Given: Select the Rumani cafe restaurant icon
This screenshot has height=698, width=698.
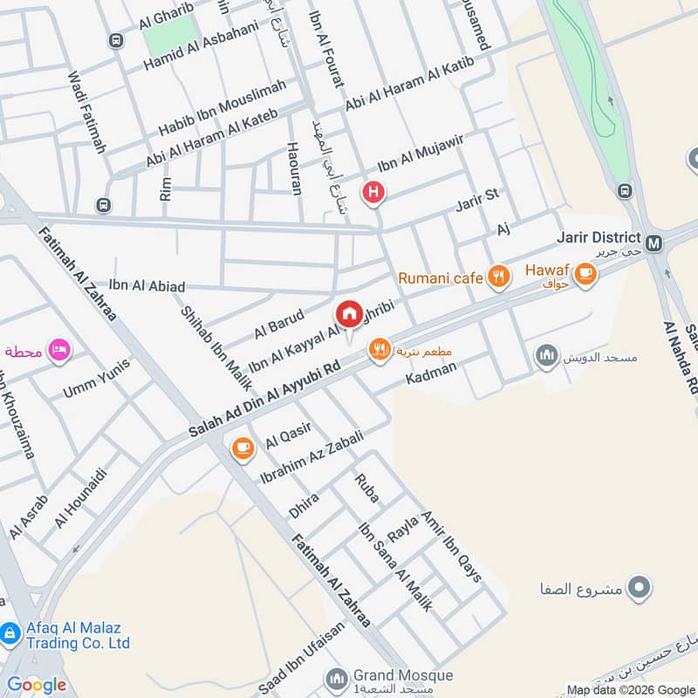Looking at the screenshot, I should coord(497,278).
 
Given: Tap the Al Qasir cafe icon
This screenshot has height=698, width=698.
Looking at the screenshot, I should coord(242,448).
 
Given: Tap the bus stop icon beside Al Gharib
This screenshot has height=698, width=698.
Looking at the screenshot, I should coord(115,40).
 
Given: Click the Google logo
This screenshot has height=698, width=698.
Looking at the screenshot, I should coord(37,685).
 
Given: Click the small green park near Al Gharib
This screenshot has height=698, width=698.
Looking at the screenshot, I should coord(171,36).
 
